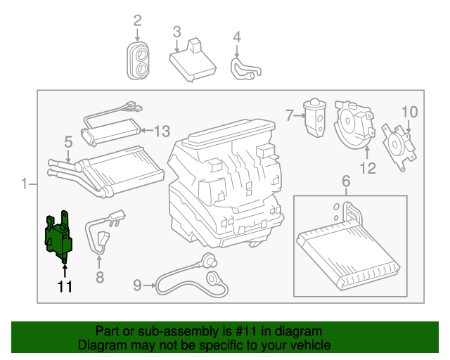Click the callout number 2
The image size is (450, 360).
[137, 20]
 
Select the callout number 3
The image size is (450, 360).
[176, 31]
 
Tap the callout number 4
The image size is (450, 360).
[237, 37]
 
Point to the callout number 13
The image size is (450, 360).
[162, 131]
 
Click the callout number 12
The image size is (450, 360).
[368, 168]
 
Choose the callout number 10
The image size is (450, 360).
[409, 112]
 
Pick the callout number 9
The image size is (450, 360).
[138, 285]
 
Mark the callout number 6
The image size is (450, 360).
[345, 183]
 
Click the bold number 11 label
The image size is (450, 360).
[65, 286]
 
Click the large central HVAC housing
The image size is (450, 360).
[225, 183]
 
